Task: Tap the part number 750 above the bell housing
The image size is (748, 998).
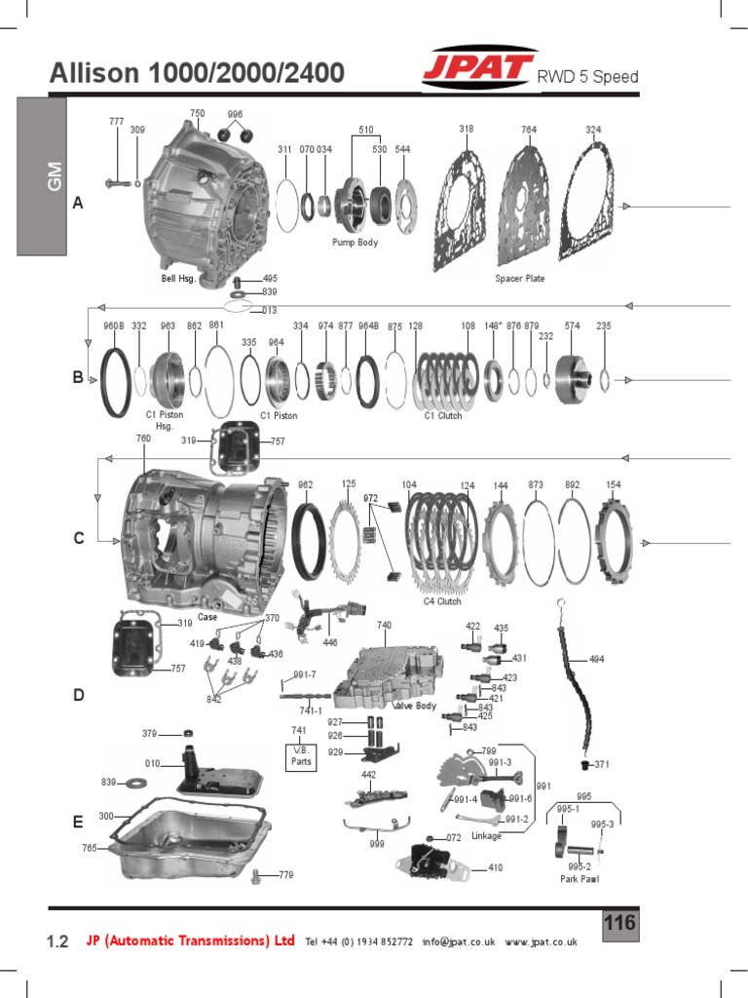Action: click(197, 114)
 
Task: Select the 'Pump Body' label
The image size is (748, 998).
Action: click(355, 242)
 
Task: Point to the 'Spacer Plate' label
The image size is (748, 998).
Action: click(520, 279)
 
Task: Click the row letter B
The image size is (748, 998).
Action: click(78, 378)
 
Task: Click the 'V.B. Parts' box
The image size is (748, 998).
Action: click(299, 756)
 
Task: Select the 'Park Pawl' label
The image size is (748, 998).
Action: click(580, 879)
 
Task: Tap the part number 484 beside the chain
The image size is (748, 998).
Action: click(596, 659)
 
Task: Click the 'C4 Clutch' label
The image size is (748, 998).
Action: click(442, 601)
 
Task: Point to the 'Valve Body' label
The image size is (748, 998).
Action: click(414, 706)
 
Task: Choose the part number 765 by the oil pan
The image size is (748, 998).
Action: click(90, 849)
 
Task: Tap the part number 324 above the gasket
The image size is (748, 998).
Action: click(593, 130)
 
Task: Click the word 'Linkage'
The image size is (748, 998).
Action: click(486, 836)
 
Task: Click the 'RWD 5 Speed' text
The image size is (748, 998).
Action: click(588, 77)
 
